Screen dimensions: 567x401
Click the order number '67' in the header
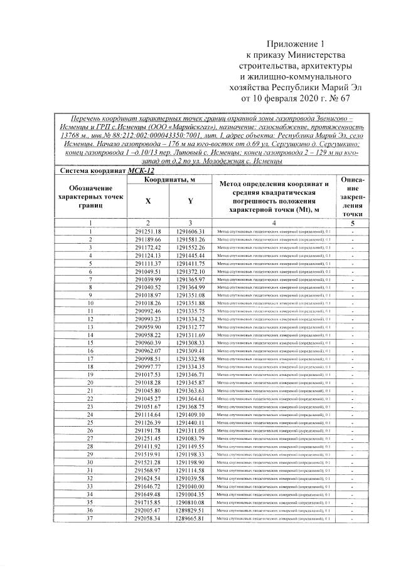360,98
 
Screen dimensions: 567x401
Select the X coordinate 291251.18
148,232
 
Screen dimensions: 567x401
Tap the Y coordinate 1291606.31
191,232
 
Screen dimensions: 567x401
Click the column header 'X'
148,201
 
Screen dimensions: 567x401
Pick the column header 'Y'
191,201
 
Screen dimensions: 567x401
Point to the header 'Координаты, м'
169,180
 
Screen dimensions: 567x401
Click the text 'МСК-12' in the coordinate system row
142,170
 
